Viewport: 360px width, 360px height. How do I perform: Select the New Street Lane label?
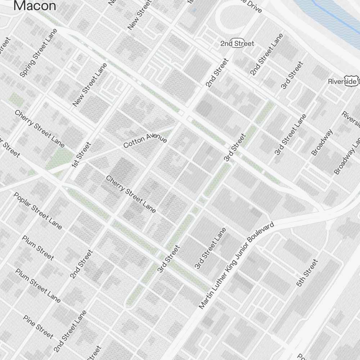[x=90, y=85]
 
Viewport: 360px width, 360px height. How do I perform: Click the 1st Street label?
[x=81, y=155]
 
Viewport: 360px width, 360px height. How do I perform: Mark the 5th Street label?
[x=307, y=273]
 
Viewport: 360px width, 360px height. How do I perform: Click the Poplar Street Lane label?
[x=38, y=211]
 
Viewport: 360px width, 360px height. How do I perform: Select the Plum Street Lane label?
[x=38, y=285]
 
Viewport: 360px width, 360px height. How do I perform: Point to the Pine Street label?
[x=38, y=327]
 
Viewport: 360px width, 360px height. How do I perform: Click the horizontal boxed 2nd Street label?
[x=237, y=44]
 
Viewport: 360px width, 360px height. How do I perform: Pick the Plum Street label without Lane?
[x=38, y=248]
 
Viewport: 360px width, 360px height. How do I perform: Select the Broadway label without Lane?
[x=322, y=142]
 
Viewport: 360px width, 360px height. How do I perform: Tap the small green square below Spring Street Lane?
[x=16, y=100]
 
